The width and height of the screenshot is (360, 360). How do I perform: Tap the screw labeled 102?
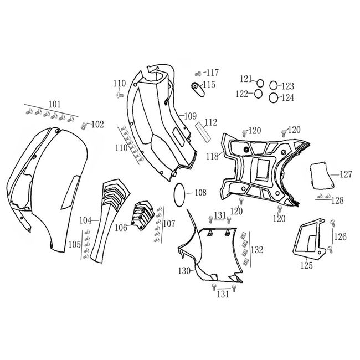tap(85, 125)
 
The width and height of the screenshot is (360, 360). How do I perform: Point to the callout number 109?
tap(191, 116)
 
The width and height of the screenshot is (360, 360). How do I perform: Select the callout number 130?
tap(184, 271)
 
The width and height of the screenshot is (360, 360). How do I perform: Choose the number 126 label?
tap(340, 236)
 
